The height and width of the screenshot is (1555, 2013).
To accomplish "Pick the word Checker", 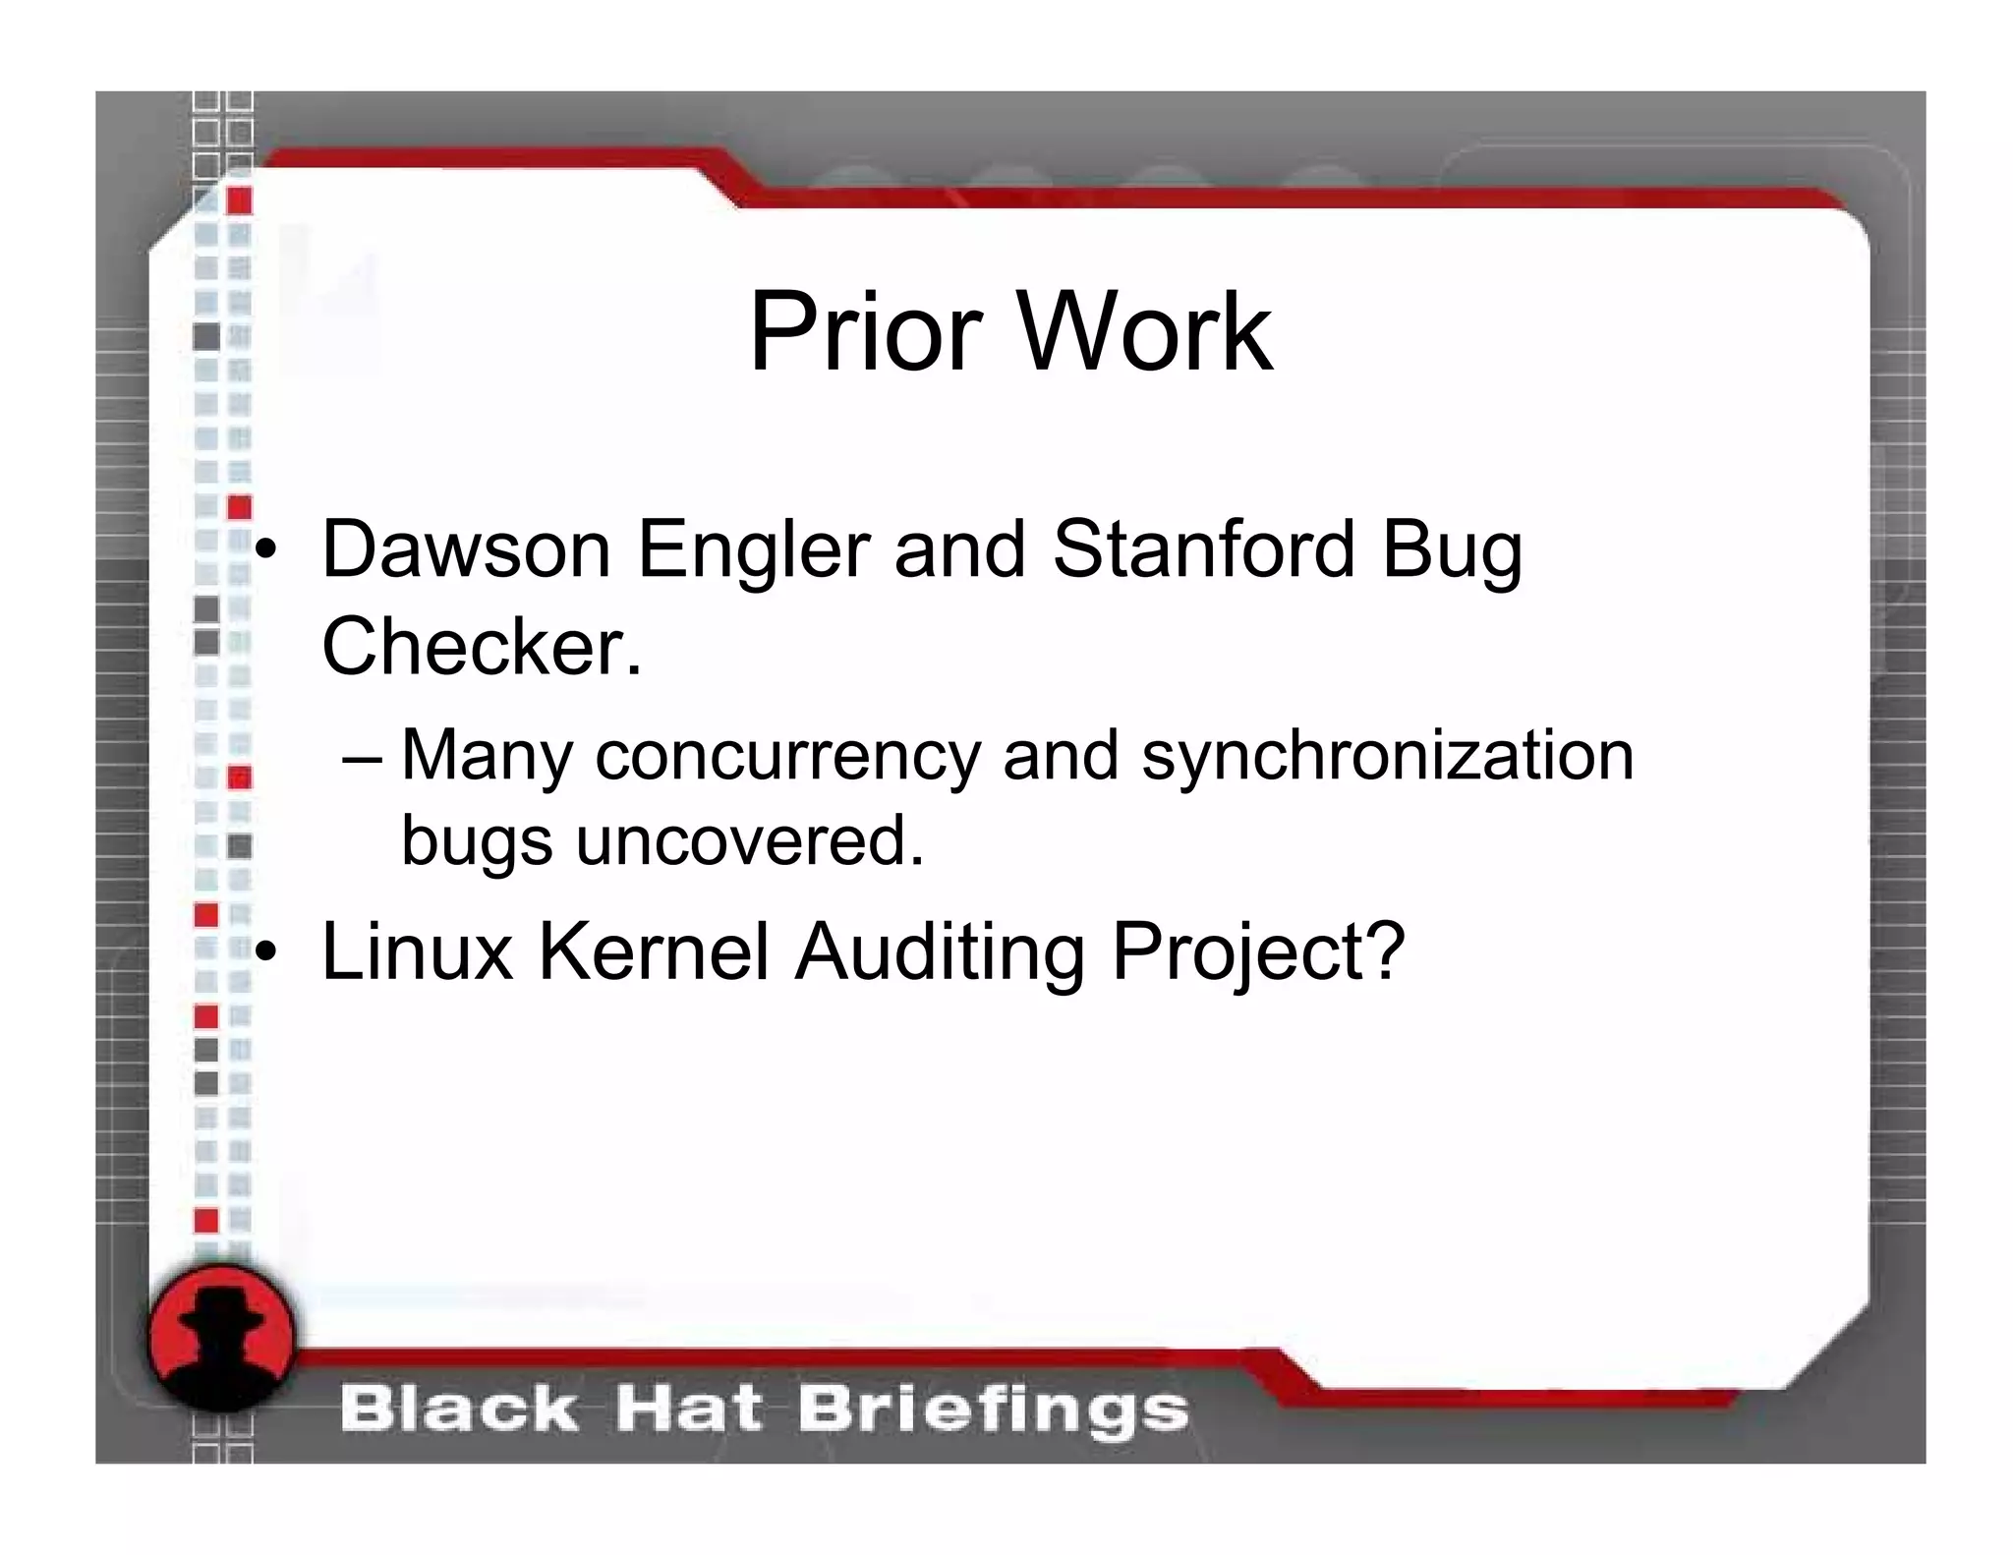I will tap(482, 646).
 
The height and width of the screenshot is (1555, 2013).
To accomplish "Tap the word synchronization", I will tap(1387, 758).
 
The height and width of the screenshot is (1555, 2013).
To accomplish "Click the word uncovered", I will tap(750, 841).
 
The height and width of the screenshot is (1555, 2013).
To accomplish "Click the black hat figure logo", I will tap(221, 1336).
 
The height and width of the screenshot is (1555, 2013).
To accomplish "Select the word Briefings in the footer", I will tap(993, 1410).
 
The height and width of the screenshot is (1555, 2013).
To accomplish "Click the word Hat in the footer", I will tap(688, 1410).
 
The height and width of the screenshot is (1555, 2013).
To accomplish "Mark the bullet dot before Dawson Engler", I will tap(265, 552).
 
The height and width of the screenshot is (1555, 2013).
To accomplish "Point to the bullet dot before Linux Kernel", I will tap(265, 952).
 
